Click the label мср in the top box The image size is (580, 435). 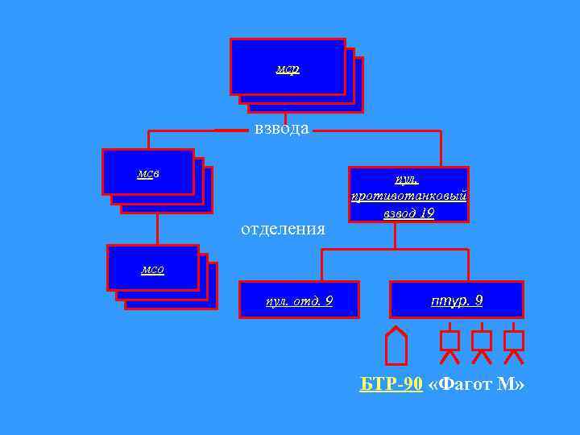pyautogui.click(x=288, y=69)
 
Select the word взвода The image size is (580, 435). pyautogui.click(x=281, y=129)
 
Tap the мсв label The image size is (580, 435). pyautogui.click(x=148, y=173)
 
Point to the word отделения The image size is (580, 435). pyautogui.click(x=283, y=230)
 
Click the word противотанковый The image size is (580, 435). pyautogui.click(x=408, y=196)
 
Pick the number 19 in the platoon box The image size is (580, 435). pyautogui.click(x=426, y=213)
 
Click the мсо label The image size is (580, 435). pyautogui.click(x=152, y=270)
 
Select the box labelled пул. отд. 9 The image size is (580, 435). pyautogui.click(x=299, y=300)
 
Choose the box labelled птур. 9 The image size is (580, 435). pyautogui.click(x=456, y=300)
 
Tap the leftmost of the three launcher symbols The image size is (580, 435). pyautogui.click(x=450, y=344)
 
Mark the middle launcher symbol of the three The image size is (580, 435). pyautogui.click(x=481, y=344)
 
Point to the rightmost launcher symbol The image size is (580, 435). pyautogui.click(x=513, y=344)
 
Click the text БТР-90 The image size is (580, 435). pyautogui.click(x=391, y=384)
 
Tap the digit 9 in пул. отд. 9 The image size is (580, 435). pyautogui.click(x=328, y=301)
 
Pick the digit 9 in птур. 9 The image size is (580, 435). pyautogui.click(x=479, y=300)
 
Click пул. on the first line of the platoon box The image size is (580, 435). pyautogui.click(x=408, y=179)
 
